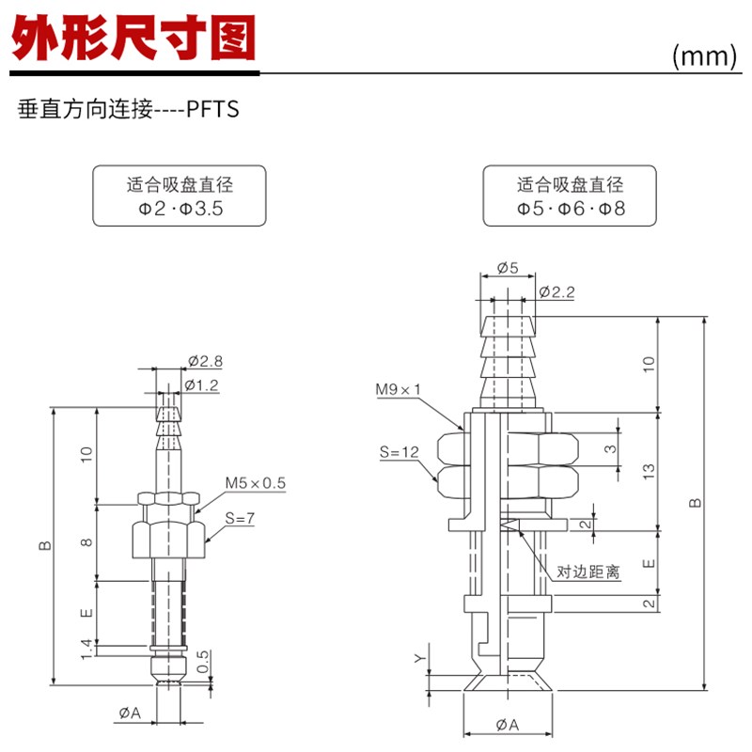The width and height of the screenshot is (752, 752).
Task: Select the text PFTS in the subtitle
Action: coord(212,110)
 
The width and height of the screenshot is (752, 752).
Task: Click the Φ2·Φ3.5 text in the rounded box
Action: coord(179,208)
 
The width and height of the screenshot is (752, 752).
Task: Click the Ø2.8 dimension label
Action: coord(205,361)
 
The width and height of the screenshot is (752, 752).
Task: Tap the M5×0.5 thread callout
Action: coord(255,483)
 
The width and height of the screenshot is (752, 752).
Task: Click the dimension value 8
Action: coord(86,542)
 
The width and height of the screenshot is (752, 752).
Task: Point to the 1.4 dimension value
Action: coord(86,647)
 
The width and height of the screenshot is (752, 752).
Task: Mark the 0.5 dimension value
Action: coord(203,661)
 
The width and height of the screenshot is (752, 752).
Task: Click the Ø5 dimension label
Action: coord(508,267)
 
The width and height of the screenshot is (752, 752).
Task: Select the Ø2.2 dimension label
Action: coord(557,292)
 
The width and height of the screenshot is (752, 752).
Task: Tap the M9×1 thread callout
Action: coord(399,388)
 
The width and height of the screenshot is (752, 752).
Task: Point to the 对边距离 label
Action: coord(588,572)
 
